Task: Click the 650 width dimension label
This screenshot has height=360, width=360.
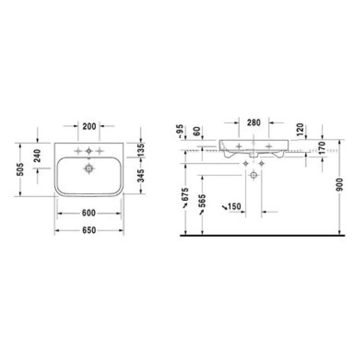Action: click(89, 230)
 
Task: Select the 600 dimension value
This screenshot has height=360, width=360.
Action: click(89, 213)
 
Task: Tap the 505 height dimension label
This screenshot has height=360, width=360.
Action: click(20, 169)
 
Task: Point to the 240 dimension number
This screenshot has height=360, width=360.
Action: click(37, 156)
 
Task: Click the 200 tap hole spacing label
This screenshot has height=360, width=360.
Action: click(89, 126)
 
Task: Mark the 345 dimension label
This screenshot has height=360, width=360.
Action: click(141, 176)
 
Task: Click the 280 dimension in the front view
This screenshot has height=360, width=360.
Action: click(254, 122)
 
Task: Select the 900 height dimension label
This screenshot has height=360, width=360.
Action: click(339, 184)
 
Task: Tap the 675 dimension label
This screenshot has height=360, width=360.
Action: click(185, 197)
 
